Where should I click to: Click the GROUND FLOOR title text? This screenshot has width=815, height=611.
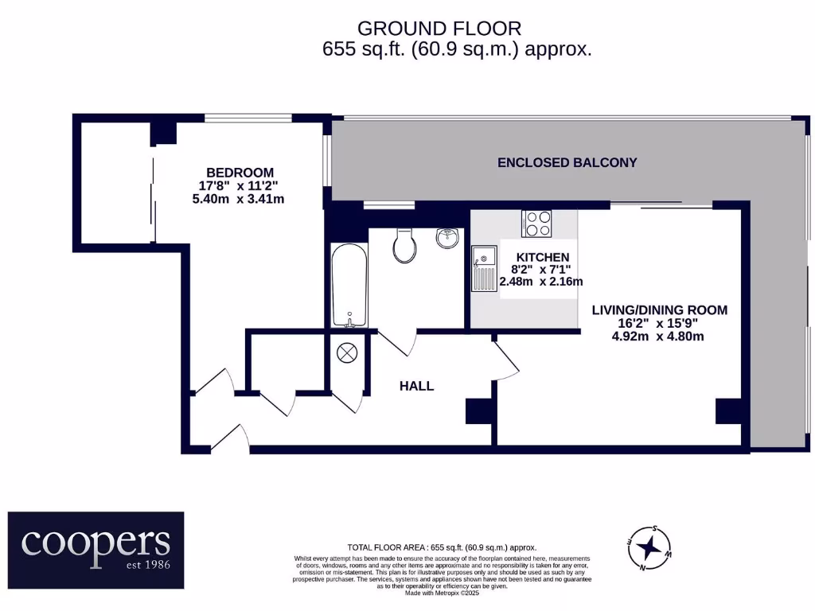click(439, 29)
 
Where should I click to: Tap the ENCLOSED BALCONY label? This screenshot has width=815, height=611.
click(567, 163)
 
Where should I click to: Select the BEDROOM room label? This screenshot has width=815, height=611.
click(240, 173)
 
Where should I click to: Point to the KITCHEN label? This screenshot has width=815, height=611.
click(543, 257)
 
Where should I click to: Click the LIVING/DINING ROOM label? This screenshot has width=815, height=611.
click(659, 310)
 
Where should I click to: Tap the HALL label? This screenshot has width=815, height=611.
click(416, 386)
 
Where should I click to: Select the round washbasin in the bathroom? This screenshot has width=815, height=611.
click(448, 237)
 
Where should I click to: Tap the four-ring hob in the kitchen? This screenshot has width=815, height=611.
click(537, 223)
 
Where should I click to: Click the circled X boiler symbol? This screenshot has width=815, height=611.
click(348, 353)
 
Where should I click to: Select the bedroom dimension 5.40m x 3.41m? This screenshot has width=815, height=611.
click(239, 199)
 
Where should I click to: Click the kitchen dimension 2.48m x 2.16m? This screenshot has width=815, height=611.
click(541, 282)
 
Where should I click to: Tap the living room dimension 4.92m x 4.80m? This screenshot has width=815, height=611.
click(657, 336)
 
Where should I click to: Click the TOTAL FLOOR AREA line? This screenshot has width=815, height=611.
click(442, 547)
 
